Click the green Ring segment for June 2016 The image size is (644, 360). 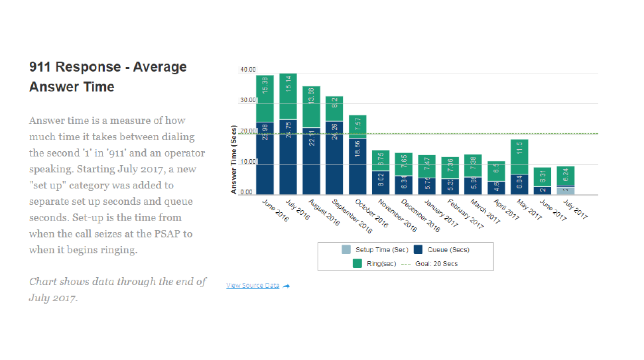tap(265, 98)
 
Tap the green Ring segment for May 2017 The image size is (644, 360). tap(519, 157)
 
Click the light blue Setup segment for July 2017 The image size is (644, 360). tap(566, 190)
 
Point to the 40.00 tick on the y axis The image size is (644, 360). tap(248, 69)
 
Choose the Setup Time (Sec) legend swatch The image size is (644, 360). tap(346, 250)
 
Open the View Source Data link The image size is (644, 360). tap(253, 286)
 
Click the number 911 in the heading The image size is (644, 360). tap(41, 67)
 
